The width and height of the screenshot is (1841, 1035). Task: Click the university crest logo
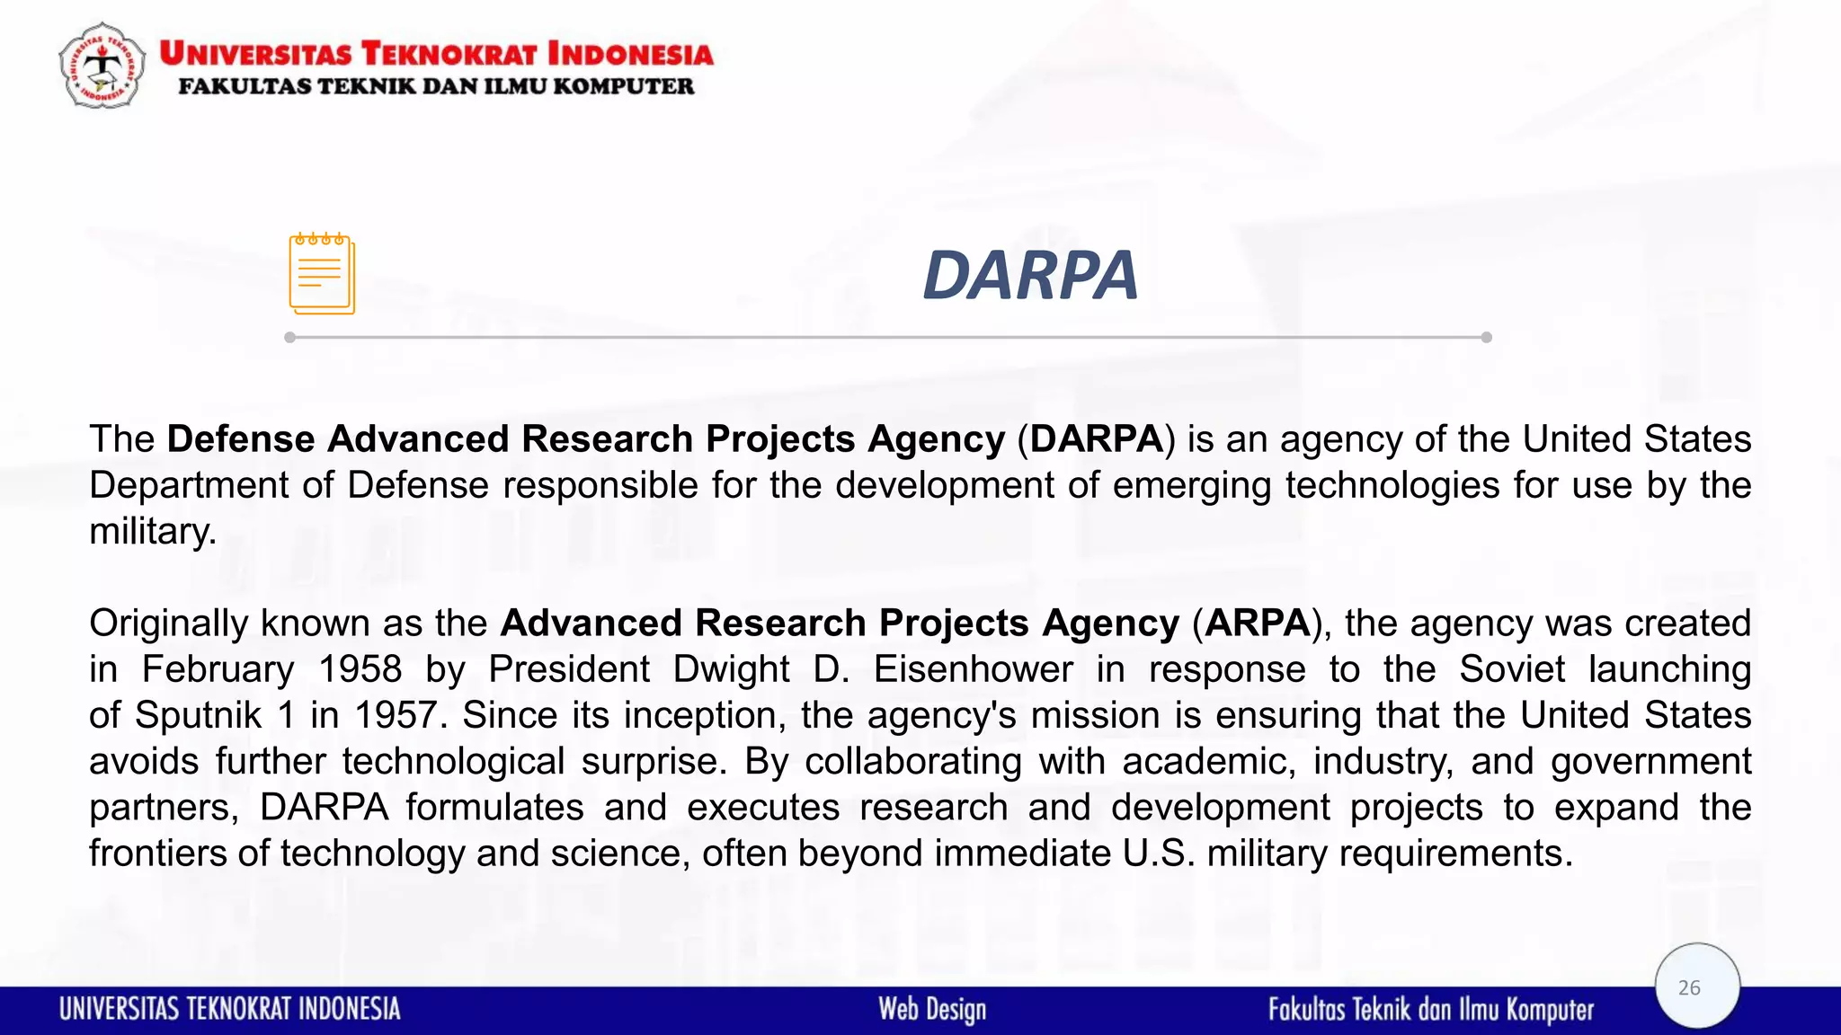click(102, 66)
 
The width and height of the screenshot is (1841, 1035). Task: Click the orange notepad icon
click(322, 274)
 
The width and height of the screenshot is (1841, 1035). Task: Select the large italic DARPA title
click(1030, 275)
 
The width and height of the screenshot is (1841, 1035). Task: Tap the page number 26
click(1689, 987)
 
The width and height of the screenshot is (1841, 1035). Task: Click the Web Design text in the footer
click(932, 1009)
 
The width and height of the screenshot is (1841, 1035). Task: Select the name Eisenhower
click(973, 669)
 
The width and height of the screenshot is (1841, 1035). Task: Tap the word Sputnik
click(198, 715)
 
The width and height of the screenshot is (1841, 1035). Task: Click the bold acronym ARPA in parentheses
click(1258, 623)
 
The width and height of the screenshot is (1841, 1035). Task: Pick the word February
click(218, 669)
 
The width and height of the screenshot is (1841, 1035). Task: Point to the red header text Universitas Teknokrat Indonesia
click(436, 54)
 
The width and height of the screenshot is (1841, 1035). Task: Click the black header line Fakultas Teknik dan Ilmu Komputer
click(436, 86)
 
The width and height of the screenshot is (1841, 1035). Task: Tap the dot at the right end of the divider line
click(1487, 338)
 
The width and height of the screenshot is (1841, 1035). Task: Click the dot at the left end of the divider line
click(289, 338)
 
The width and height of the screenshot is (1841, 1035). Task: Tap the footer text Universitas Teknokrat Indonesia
click(230, 1009)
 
